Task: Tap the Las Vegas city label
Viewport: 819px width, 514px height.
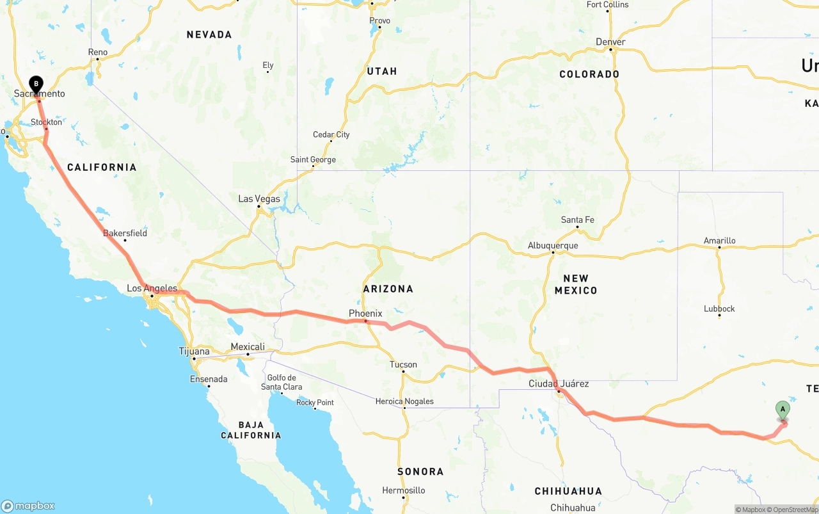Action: (x=259, y=199)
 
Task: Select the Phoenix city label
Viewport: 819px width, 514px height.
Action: (x=365, y=314)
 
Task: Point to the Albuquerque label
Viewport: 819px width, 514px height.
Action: (x=553, y=246)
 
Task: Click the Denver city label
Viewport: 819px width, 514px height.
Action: (x=610, y=42)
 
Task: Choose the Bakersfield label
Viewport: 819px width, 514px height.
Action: (x=125, y=233)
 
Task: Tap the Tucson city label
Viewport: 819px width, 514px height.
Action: (x=403, y=365)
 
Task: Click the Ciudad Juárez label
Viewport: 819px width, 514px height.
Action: (x=559, y=384)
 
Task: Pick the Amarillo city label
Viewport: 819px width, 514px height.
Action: (x=719, y=241)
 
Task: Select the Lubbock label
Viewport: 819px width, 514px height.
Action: (x=719, y=309)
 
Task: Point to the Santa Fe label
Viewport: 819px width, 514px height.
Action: (x=577, y=220)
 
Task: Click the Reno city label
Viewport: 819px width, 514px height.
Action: (x=98, y=52)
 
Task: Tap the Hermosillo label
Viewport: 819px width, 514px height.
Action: (x=404, y=490)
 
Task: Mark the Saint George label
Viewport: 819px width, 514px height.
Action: (x=313, y=160)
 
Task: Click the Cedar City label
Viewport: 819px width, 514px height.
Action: (x=331, y=135)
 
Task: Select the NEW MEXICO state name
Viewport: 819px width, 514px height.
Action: (x=576, y=284)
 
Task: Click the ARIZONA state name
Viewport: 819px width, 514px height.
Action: (x=388, y=289)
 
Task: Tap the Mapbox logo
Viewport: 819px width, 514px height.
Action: (x=28, y=506)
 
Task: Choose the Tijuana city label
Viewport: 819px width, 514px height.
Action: (x=194, y=351)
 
